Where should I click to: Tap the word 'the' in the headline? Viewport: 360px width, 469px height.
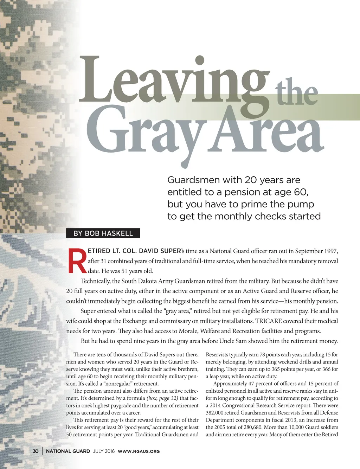(296, 92)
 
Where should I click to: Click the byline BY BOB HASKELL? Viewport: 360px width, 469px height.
(103, 233)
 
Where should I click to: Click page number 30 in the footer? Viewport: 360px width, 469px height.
(36, 451)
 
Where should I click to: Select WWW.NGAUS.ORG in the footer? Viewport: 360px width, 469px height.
(139, 451)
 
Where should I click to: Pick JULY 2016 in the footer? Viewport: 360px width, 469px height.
(104, 451)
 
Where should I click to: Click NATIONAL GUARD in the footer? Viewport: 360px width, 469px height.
(68, 451)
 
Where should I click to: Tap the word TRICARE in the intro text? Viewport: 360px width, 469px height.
(268, 321)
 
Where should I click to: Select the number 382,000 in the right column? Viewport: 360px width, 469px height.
(215, 413)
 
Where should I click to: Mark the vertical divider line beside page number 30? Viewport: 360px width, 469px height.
(42, 451)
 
